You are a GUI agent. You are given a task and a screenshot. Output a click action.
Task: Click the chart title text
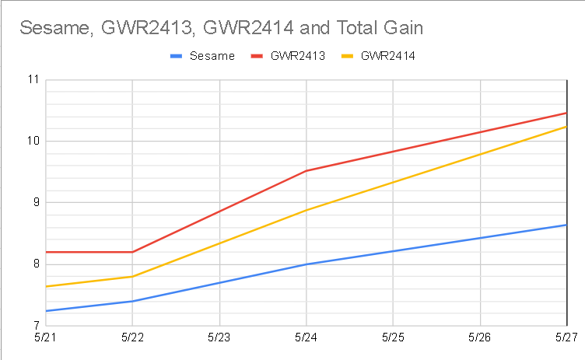click(222, 30)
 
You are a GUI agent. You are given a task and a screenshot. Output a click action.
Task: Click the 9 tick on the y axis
click(34, 202)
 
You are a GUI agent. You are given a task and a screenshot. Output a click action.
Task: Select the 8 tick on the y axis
click(34, 264)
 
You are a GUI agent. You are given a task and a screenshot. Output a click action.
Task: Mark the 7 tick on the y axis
click(34, 325)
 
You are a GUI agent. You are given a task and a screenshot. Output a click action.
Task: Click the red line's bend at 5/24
click(306, 170)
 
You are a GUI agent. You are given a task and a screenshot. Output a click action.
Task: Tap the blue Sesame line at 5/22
click(132, 301)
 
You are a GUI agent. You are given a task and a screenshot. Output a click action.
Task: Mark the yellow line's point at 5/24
click(306, 210)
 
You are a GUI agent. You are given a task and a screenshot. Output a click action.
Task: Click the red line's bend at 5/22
click(132, 252)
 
